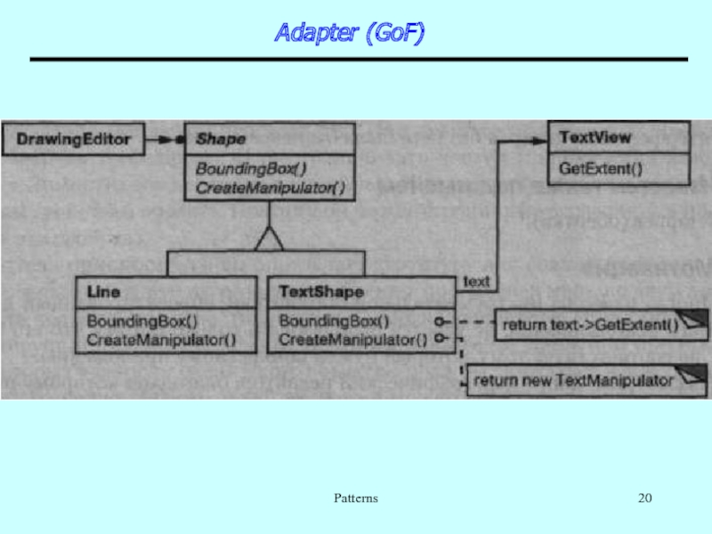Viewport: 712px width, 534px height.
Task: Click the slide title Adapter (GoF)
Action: pyautogui.click(x=349, y=34)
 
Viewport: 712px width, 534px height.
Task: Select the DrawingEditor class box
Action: pyautogui.click(x=74, y=139)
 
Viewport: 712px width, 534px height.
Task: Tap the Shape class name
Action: pyautogui.click(x=221, y=139)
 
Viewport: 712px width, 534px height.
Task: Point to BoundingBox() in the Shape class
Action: pyautogui.click(x=252, y=168)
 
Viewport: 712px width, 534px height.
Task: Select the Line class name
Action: pyautogui.click(x=103, y=292)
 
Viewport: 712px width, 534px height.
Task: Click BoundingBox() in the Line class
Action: pyautogui.click(x=142, y=320)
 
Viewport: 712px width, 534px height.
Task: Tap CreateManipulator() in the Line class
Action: pyautogui.click(x=161, y=339)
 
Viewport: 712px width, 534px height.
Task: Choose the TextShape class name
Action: pyautogui.click(x=321, y=292)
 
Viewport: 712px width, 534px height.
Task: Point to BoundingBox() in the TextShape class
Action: pyautogui.click(x=335, y=320)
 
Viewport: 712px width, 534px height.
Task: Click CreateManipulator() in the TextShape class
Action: pyautogui.click(x=353, y=339)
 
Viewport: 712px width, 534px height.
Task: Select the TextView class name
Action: pyautogui.click(x=595, y=138)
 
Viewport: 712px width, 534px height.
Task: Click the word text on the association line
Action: pyautogui.click(x=477, y=281)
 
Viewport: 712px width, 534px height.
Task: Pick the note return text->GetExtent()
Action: pyautogui.click(x=590, y=325)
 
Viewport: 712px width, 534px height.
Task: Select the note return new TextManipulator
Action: pyautogui.click(x=573, y=381)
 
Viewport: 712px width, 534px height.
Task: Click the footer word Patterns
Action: pyautogui.click(x=356, y=498)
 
